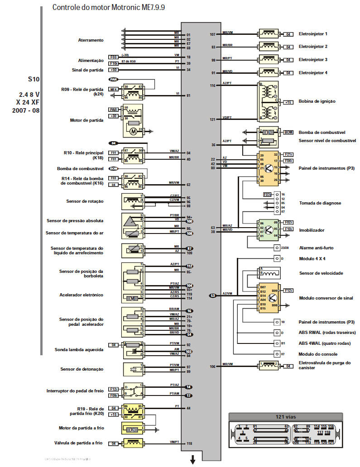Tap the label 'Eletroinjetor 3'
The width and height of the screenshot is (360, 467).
313,60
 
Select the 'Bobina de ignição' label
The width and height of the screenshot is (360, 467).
317,101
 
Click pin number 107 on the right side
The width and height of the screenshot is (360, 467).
213,34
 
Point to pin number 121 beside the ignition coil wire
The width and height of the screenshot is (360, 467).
213,119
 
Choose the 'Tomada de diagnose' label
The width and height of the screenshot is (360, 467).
320,203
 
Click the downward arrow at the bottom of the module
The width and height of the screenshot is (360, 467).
192,460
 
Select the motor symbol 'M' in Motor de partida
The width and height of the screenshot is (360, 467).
133,131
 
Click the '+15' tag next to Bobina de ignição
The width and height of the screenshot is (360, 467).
288,103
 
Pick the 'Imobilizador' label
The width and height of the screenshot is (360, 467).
312,230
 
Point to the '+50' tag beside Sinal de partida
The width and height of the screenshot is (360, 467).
113,70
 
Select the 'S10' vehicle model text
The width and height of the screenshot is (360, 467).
34,79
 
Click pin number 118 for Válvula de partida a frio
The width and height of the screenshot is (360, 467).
189,444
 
